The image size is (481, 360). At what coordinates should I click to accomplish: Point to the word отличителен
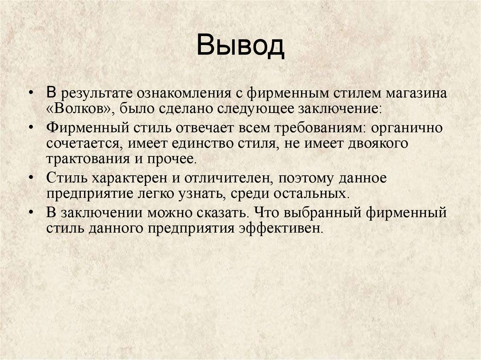pos(230,178)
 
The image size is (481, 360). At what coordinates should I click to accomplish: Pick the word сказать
pos(223,213)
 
